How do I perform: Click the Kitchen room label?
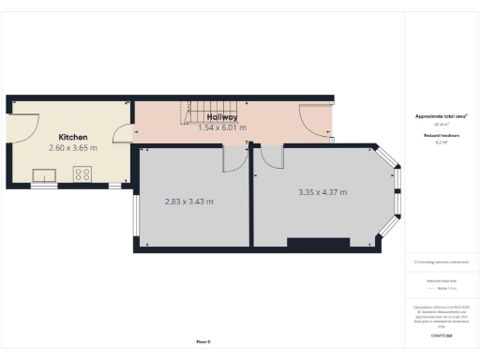tap(72, 137)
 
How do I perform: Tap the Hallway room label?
tap(222, 117)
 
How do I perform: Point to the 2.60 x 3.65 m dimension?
tap(72, 148)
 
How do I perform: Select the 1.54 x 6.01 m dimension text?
tap(222, 127)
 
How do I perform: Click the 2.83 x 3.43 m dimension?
tap(188, 202)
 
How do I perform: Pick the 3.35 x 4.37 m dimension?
tap(322, 192)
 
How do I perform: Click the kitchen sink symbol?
tap(43, 173)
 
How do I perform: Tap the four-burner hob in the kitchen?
tap(82, 173)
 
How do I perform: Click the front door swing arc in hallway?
tap(313, 120)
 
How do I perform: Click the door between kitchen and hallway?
tap(122, 137)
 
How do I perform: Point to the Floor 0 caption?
tap(203, 342)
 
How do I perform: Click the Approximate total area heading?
tap(441, 116)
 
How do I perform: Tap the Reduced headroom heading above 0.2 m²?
tap(441, 136)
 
